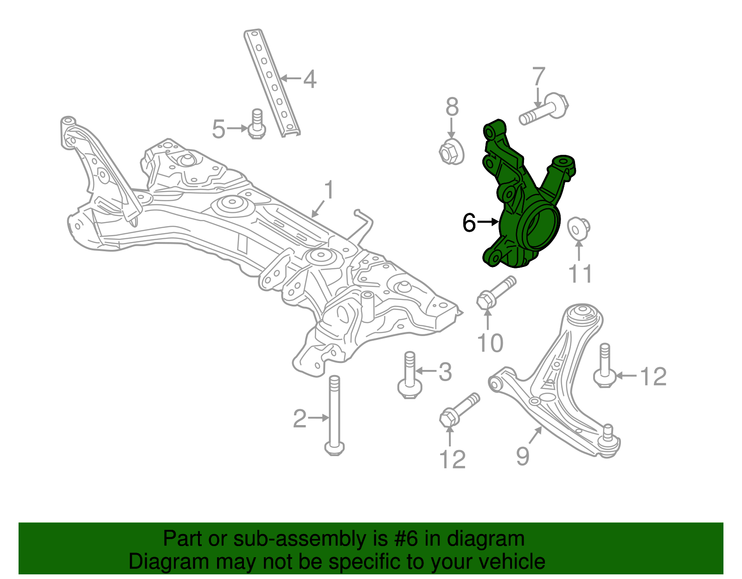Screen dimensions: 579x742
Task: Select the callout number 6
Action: coord(469,223)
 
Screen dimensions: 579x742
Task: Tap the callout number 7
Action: coord(538,76)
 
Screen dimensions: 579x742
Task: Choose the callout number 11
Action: coord(580,274)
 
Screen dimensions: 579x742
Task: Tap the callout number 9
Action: coord(523,456)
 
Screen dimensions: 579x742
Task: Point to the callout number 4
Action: coord(310,79)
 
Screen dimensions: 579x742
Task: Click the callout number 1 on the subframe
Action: coord(328,190)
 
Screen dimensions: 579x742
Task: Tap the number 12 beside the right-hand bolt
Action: coord(653,376)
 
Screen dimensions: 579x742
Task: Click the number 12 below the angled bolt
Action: coord(452,459)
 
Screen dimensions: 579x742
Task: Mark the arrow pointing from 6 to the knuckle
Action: coord(488,223)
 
